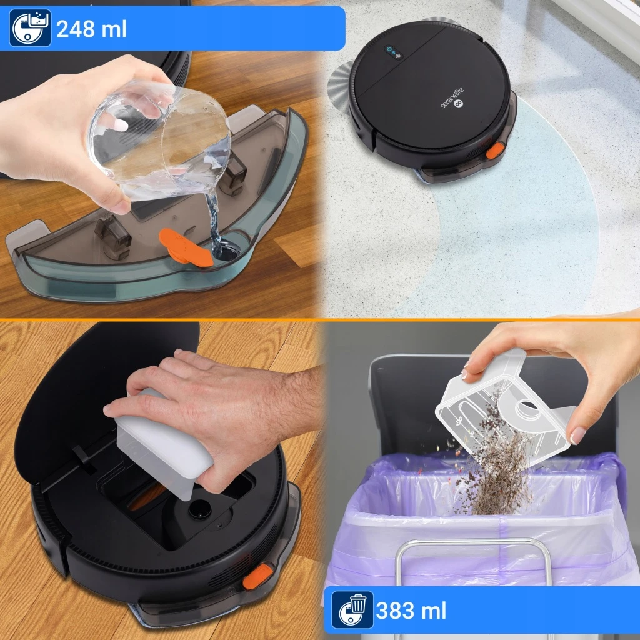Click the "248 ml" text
pyautogui.click(x=91, y=29)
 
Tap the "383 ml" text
pyautogui.click(x=411, y=611)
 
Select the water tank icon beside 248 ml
pyautogui.click(x=30, y=27)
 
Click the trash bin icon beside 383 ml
pyautogui.click(x=352, y=610)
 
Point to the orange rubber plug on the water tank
pyautogui.click(x=186, y=248)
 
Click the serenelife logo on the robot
pyautogui.click(x=453, y=98)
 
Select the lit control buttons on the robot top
pyautogui.click(x=394, y=52)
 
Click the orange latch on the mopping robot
pyautogui.click(x=495, y=150)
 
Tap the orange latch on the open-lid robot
pyautogui.click(x=258, y=576)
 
